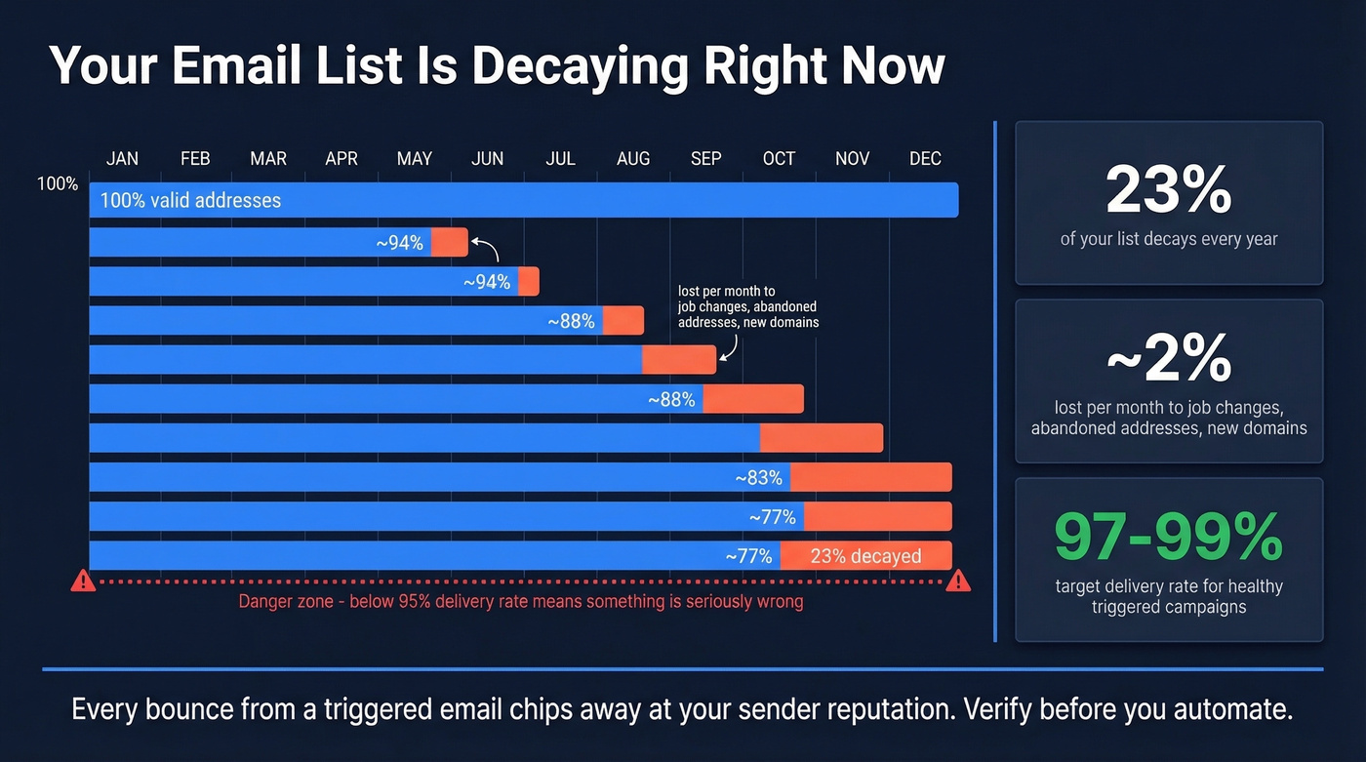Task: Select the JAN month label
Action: point(122,158)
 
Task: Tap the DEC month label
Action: point(925,158)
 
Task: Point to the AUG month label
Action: point(633,158)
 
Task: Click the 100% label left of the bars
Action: point(58,183)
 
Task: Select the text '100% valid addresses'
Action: point(190,201)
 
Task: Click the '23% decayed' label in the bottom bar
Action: point(864,556)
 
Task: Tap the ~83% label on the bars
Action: point(759,478)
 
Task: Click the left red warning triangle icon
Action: point(83,582)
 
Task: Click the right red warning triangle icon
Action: point(958,582)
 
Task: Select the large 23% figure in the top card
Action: point(1168,191)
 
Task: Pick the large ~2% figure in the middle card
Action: point(1168,359)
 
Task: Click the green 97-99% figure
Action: point(1168,537)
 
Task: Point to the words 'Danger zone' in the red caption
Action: point(284,602)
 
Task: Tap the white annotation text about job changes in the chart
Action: point(747,306)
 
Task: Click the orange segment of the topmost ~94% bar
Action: point(450,242)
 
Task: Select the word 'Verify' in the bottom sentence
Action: point(994,709)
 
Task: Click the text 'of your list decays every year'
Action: point(1168,239)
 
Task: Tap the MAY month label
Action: point(414,158)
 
